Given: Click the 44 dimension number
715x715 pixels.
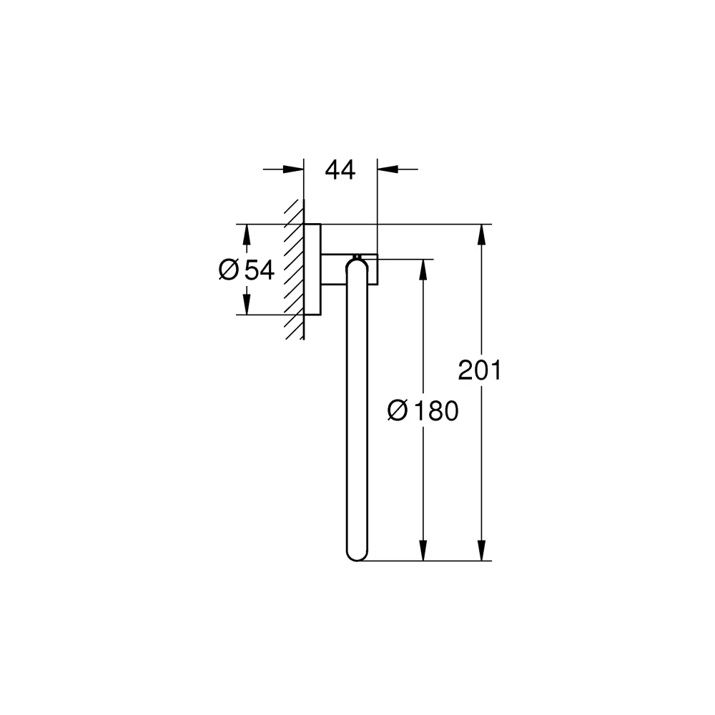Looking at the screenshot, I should pyautogui.click(x=340, y=170).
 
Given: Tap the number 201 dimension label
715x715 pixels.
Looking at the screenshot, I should pyautogui.click(x=480, y=370).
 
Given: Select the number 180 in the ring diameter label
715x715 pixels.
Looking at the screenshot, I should pyautogui.click(x=435, y=411).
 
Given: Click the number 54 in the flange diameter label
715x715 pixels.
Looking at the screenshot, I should pyautogui.click(x=260, y=270).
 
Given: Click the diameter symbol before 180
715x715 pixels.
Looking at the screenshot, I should pyautogui.click(x=397, y=411).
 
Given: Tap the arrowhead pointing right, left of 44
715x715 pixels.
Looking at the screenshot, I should pyautogui.click(x=293, y=169).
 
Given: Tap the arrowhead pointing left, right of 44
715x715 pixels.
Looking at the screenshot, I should pyautogui.click(x=387, y=169).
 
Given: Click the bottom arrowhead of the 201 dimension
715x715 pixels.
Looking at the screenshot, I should pyautogui.click(x=483, y=551).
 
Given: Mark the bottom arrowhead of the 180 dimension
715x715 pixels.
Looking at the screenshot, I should pyautogui.click(x=423, y=551).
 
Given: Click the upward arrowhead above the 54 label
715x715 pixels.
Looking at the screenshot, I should pyautogui.click(x=246, y=234).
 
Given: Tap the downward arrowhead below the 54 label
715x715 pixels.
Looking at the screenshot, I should pyautogui.click(x=246, y=305).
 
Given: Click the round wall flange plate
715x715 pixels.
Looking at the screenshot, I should pyautogui.click(x=312, y=270).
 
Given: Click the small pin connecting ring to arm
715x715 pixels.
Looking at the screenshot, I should pyautogui.click(x=355, y=255).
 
